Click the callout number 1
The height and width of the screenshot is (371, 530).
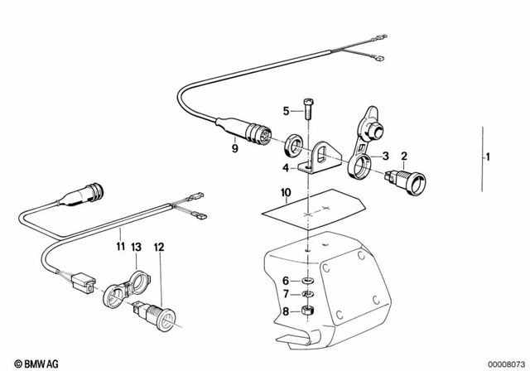[489, 157]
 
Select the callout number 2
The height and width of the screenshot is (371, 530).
[404, 156]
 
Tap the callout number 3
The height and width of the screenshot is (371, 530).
[384, 156]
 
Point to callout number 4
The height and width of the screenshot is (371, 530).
[286, 168]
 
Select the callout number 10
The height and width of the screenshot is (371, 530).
[286, 197]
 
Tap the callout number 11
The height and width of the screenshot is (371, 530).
[120, 246]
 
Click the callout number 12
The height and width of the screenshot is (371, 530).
[159, 246]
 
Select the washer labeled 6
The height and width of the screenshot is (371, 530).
[306, 282]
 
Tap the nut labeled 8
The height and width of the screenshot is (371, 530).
[306, 311]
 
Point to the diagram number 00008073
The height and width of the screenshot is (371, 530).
[503, 363]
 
